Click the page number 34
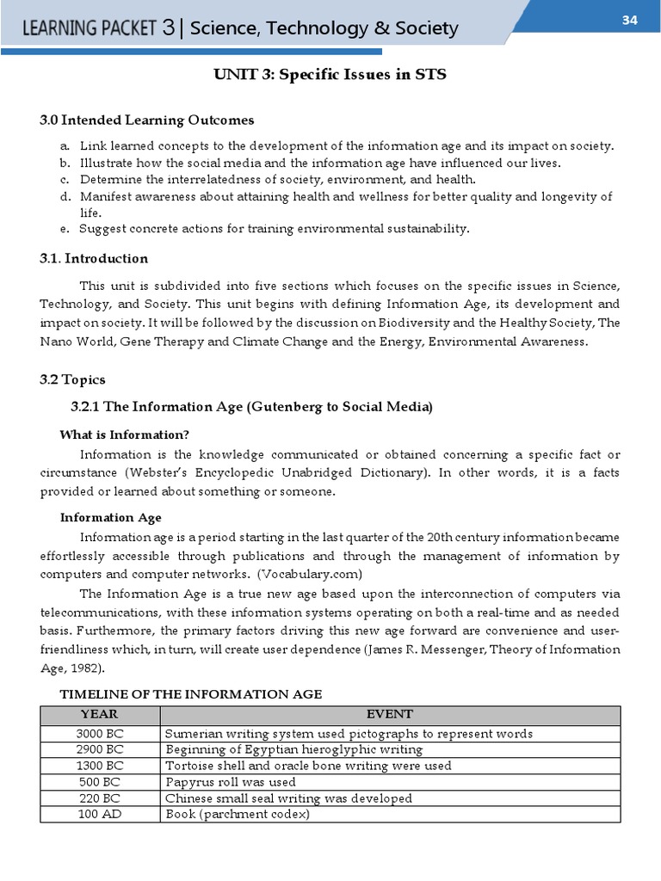tap(630, 21)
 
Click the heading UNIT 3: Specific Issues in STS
tap(330, 75)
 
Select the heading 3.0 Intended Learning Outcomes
tap(147, 120)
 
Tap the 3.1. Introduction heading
tap(94, 258)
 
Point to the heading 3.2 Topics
tap(72, 379)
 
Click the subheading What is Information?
tap(124, 434)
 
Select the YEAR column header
tap(100, 715)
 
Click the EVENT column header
tap(389, 715)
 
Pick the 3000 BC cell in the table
tap(100, 734)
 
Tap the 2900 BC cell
tap(100, 749)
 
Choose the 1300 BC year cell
tap(100, 766)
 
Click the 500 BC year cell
tap(100, 782)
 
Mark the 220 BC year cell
tap(100, 798)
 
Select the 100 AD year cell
tap(100, 814)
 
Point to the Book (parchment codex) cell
tap(238, 814)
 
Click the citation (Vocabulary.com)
tap(313, 574)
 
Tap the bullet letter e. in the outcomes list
tap(65, 228)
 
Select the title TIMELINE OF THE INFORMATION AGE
tap(190, 694)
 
